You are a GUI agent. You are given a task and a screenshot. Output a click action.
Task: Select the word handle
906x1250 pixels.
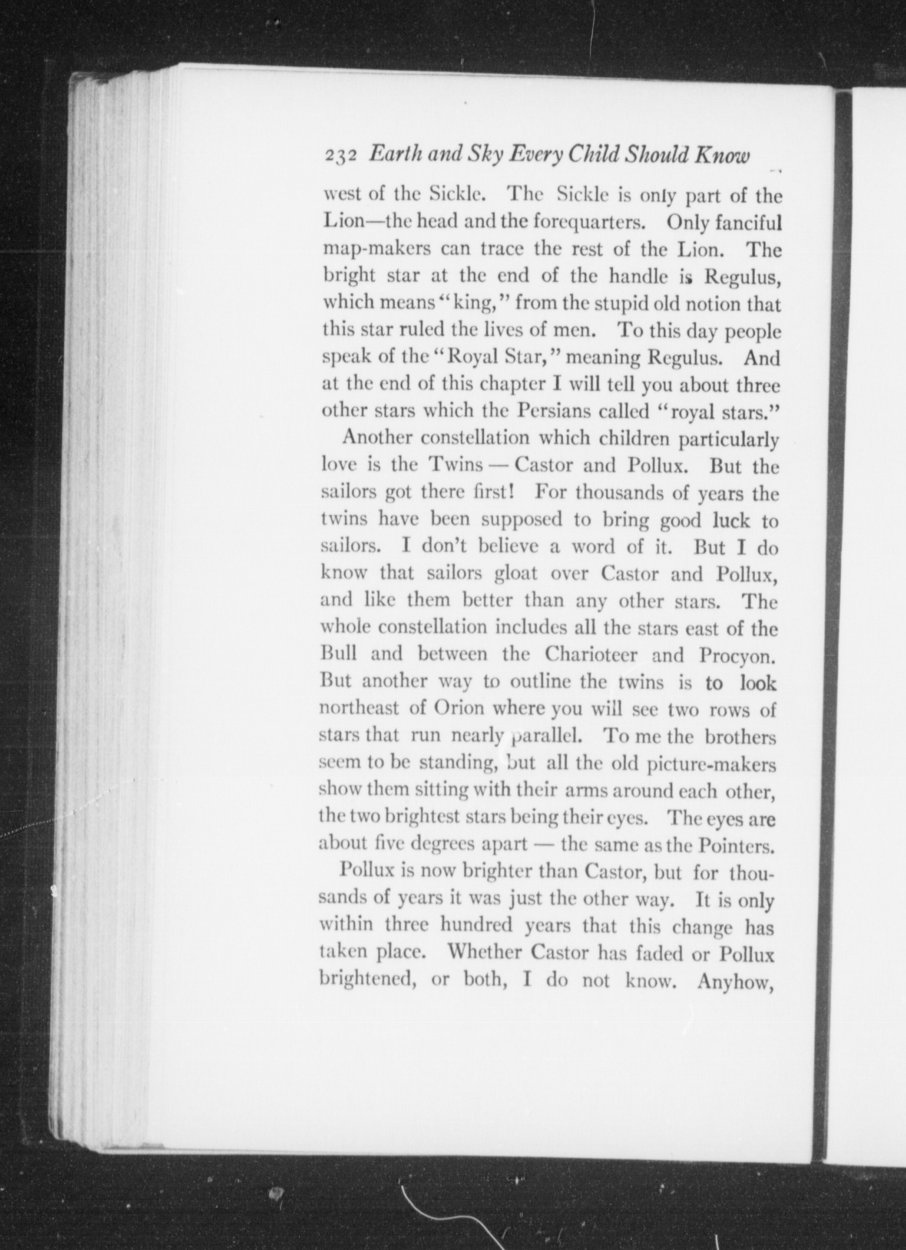pos(639,277)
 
